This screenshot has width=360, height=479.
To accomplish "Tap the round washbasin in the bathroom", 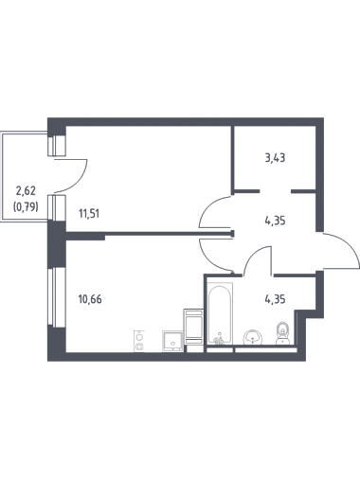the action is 252,337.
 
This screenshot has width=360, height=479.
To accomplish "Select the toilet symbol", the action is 282,333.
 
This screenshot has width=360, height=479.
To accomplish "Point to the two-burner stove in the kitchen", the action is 139,341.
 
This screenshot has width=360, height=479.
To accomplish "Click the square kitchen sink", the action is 172,341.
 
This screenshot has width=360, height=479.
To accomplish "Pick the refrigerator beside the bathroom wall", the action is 193,327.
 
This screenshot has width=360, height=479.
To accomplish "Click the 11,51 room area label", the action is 89,214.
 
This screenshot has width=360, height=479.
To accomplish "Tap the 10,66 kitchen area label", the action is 90,299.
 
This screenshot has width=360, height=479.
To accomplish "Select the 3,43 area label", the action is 275,157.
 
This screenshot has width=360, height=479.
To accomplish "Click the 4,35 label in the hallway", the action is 275,221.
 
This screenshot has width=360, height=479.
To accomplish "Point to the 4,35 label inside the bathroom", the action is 275,299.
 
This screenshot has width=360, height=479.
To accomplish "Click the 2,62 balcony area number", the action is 26,190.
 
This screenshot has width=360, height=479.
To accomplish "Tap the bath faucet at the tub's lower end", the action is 219,340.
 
